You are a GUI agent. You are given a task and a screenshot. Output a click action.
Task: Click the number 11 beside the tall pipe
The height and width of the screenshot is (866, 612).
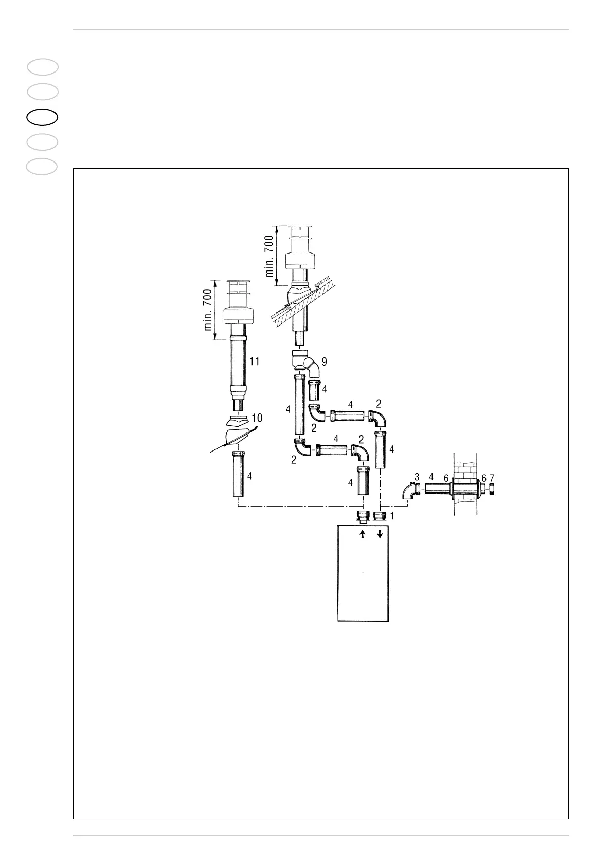point(254,362)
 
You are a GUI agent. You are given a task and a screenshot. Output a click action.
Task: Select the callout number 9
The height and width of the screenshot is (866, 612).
point(324,362)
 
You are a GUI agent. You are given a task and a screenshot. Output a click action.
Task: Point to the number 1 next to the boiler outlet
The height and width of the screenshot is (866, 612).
point(392,515)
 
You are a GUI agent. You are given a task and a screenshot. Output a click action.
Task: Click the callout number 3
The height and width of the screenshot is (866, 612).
point(417,478)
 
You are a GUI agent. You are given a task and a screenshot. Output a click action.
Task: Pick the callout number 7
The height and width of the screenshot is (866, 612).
point(492,478)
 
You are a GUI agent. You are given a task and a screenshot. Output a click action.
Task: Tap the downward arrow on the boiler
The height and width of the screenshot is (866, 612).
point(380,534)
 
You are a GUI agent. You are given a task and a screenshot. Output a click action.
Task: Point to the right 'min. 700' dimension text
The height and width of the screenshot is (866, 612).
point(270,256)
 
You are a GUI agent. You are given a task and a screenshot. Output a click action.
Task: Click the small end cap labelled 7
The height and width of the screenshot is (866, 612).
point(492,488)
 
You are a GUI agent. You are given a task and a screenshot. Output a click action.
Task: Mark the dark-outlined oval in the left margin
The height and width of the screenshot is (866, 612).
point(42,117)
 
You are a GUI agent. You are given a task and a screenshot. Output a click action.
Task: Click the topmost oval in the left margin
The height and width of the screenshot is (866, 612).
point(42,67)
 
